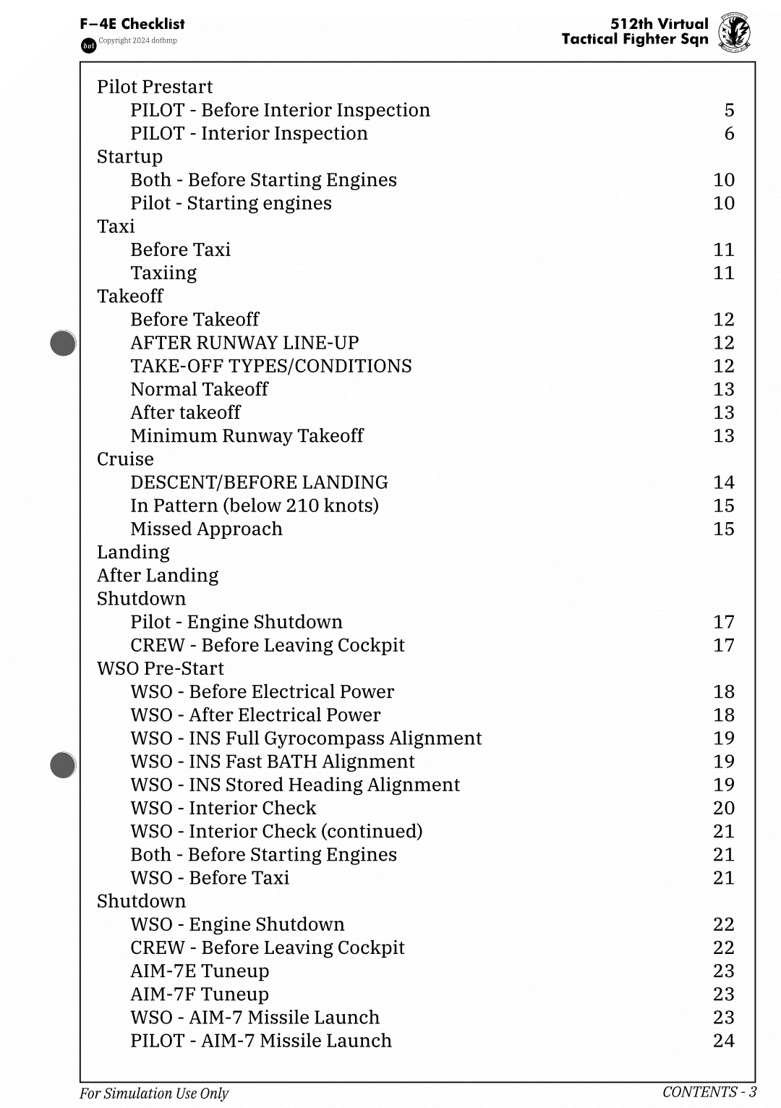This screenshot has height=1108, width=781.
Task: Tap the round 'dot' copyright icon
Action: (x=88, y=46)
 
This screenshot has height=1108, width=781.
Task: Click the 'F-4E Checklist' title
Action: (x=132, y=24)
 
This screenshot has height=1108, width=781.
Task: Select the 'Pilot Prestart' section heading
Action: (x=155, y=87)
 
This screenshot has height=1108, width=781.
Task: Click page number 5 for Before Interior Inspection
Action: (x=729, y=110)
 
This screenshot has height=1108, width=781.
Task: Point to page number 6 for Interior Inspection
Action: (x=729, y=133)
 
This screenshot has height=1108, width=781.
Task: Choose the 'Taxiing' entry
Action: (x=163, y=273)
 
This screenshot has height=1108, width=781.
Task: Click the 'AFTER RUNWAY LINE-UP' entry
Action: (x=244, y=342)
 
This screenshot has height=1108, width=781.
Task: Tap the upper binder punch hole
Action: (x=64, y=343)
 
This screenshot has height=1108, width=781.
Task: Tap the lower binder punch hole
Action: (x=64, y=764)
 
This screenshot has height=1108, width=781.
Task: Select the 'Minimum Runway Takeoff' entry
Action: (x=247, y=435)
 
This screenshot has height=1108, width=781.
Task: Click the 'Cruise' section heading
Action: (x=125, y=459)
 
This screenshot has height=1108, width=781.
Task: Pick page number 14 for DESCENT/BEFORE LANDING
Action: (x=723, y=482)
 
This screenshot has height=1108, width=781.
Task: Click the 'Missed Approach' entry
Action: (x=206, y=529)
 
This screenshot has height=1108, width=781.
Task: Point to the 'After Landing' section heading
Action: (x=158, y=575)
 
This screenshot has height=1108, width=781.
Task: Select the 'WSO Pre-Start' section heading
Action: (x=161, y=668)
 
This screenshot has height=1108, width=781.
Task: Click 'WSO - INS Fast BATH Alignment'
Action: (x=273, y=762)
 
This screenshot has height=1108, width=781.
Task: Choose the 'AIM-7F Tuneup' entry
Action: (x=200, y=994)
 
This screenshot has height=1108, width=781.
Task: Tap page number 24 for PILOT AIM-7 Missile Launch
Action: (x=723, y=1041)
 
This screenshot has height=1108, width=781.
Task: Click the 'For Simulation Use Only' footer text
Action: (x=154, y=1094)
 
